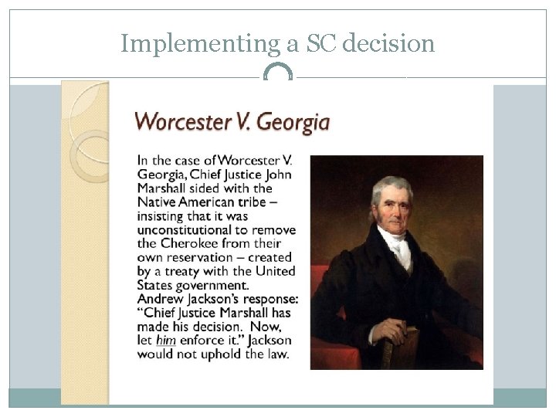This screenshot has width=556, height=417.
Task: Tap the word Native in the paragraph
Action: (x=156, y=200)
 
